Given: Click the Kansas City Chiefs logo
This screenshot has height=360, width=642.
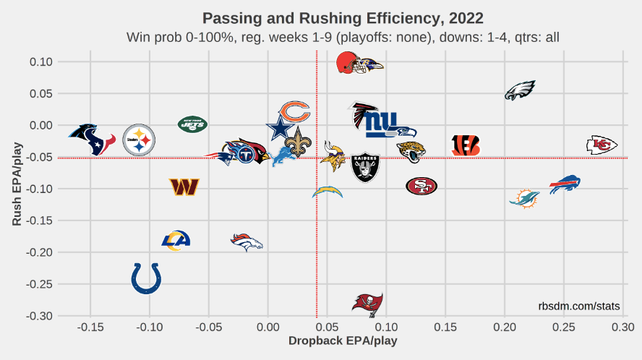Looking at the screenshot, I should [x=602, y=145].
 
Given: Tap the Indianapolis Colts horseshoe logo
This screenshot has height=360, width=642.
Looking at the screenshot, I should [x=146, y=278].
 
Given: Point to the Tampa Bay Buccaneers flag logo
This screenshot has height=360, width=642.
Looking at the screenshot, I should [x=367, y=303].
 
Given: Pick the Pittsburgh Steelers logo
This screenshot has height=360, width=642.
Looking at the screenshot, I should [x=139, y=140].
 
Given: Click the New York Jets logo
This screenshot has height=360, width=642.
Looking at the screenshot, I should [x=192, y=124].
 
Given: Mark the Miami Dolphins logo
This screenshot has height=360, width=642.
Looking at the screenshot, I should [x=524, y=197].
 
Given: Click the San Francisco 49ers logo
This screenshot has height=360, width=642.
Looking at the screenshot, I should [x=421, y=186].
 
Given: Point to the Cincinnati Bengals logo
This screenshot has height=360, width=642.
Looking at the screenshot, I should [x=465, y=145].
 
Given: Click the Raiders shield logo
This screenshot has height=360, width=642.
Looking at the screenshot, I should [x=365, y=168].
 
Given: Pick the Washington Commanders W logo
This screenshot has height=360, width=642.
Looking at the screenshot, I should [x=184, y=187].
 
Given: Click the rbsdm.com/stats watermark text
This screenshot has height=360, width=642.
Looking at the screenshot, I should [x=579, y=307].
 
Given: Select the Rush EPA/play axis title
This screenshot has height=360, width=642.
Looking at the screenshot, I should [x=17, y=184].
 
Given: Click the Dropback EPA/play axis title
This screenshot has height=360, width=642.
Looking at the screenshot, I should [x=343, y=340].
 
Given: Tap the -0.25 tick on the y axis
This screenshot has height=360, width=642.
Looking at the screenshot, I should [x=41, y=284].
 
